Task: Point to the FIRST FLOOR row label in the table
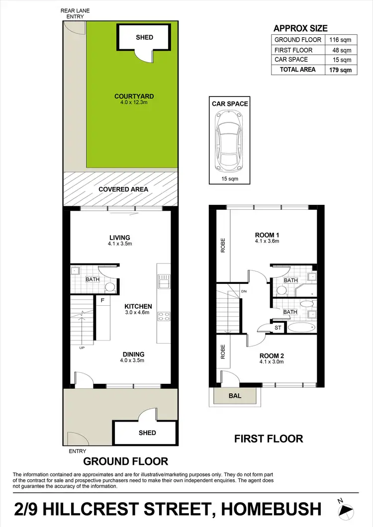[x=293, y=50]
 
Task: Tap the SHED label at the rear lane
[x=145, y=37]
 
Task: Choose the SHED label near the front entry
[x=147, y=433]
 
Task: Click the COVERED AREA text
[x=123, y=189]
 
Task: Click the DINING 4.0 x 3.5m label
[x=133, y=358]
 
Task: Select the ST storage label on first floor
[x=278, y=328]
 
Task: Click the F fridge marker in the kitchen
[x=102, y=300]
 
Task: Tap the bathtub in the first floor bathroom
[x=301, y=328]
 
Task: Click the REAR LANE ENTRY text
[x=73, y=13]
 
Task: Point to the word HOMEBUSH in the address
[x=271, y=509]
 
